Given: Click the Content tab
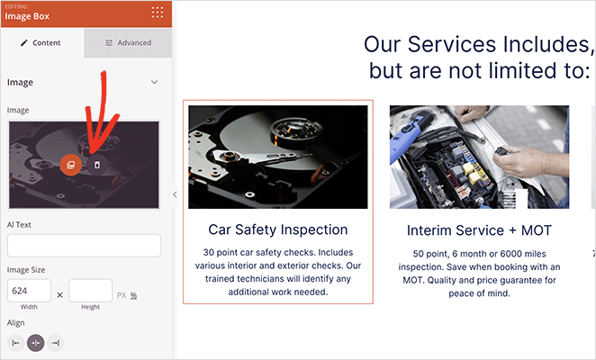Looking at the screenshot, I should [x=41, y=42].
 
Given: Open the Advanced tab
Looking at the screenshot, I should [x=128, y=42].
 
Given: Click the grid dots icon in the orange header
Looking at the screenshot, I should [x=158, y=12].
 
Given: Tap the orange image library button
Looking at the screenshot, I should [x=70, y=164].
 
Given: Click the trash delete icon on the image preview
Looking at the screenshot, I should [x=96, y=164].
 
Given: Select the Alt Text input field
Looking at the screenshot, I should [x=84, y=246].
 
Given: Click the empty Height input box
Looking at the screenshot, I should [x=90, y=290].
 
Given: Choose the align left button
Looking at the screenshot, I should [x=15, y=343].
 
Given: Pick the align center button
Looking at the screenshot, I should [x=35, y=343].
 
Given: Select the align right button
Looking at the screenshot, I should [x=55, y=343].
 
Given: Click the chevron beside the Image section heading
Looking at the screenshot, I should [x=154, y=82].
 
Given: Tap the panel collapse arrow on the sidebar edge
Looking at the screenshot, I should [x=175, y=193].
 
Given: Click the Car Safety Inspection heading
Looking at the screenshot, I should [x=277, y=229].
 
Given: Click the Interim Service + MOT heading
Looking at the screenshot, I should [x=479, y=230].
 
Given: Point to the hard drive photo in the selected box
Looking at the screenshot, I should [x=277, y=157].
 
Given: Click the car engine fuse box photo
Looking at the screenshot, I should [x=479, y=157].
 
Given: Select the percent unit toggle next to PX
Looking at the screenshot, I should [x=133, y=295].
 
